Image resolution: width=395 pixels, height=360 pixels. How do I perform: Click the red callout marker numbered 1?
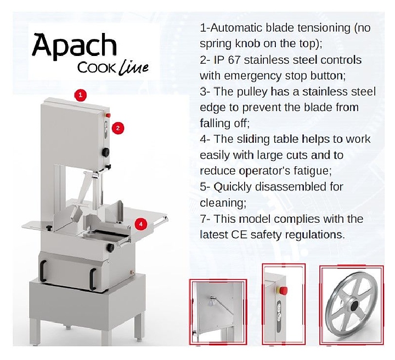point(81,95)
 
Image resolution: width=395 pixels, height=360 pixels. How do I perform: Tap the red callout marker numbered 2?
point(119,128)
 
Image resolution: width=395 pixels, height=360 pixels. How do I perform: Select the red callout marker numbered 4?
point(141,224)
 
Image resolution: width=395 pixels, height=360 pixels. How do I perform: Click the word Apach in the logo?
point(74,47)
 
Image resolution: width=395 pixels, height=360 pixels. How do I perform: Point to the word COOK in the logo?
point(97,69)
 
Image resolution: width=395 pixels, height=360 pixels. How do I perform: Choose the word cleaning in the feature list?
point(223,203)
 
